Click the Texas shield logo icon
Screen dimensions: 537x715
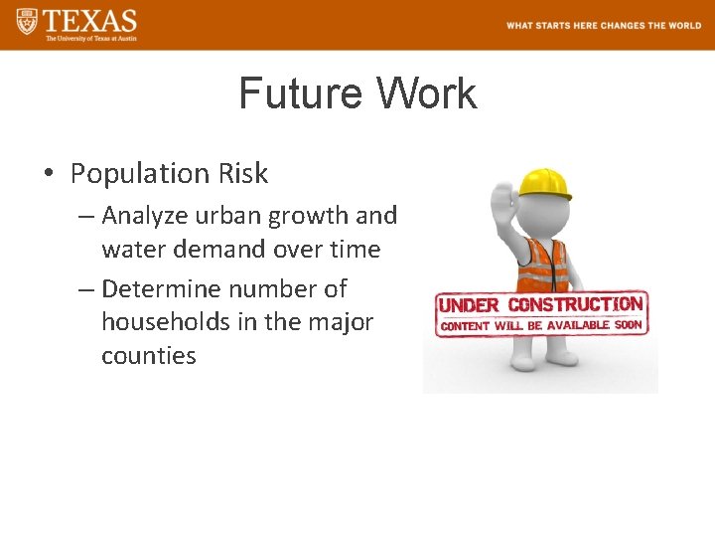click(27, 22)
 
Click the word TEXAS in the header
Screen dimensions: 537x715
click(90, 20)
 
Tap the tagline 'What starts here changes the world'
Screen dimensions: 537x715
click(603, 26)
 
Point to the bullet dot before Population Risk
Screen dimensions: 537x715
click(49, 175)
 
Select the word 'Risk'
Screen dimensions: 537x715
click(244, 174)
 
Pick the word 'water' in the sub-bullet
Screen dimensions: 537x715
click(134, 250)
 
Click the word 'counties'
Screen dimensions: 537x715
click(148, 356)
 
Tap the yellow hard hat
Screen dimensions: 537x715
click(545, 182)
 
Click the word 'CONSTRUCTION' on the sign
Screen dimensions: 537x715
click(575, 303)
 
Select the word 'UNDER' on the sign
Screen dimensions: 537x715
click(470, 306)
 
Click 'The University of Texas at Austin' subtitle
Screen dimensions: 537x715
click(90, 38)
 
